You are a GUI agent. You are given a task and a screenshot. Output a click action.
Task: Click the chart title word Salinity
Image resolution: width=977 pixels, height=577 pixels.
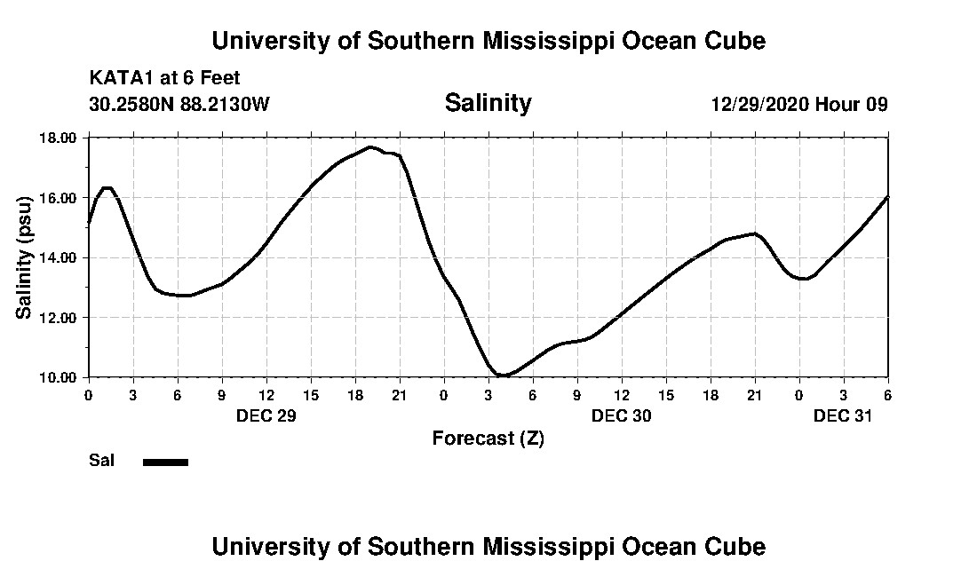pos(488,103)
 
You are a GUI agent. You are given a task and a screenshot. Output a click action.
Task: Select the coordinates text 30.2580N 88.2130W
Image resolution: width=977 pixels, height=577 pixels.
pos(179,104)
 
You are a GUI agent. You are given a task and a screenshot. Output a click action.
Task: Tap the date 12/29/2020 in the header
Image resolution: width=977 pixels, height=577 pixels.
pos(760,104)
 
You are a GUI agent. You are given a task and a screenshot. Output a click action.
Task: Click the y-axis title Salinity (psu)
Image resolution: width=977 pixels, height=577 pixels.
pos(24,257)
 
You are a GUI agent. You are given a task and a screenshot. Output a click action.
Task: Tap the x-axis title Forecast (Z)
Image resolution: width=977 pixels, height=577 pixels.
pos(488,438)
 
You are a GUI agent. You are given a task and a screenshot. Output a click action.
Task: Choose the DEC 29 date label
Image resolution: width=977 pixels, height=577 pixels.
pos(266,415)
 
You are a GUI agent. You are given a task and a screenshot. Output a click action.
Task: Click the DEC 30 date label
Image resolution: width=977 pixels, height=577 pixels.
pos(621,415)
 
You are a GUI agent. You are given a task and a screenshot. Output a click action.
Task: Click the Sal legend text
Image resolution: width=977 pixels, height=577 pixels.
pos(101,461)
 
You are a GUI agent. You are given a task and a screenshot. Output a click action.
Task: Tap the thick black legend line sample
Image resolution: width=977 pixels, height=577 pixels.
pos(165,462)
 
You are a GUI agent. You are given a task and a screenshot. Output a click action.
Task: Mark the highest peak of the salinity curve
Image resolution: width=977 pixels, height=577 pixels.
pos(370,147)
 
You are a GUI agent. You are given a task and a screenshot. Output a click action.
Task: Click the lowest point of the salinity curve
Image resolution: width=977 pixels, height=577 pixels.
pos(502,375)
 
